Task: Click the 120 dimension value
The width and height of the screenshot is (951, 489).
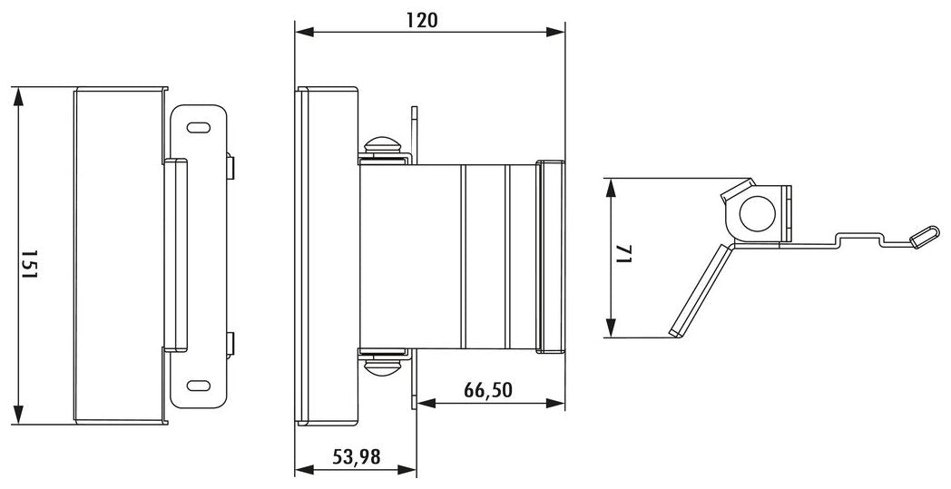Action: [x=421, y=20]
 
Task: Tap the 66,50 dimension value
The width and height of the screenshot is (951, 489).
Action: [x=488, y=390]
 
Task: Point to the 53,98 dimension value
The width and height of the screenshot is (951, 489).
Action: [x=356, y=456]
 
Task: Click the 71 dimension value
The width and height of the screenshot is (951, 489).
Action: [x=624, y=253]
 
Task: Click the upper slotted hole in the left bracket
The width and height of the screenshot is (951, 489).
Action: [x=198, y=128]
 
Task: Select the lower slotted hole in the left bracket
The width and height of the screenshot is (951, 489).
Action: [x=198, y=386]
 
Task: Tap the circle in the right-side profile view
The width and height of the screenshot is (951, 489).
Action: [x=758, y=213]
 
